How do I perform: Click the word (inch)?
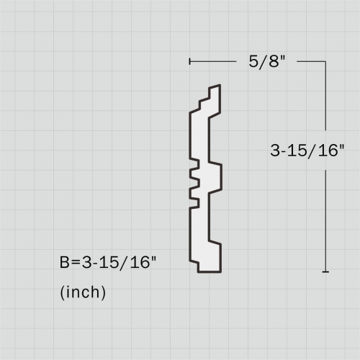coord(83,292)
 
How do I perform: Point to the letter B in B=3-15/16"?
coord(65,264)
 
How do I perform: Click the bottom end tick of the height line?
coord(326,271)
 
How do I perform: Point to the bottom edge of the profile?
coord(210,271)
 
